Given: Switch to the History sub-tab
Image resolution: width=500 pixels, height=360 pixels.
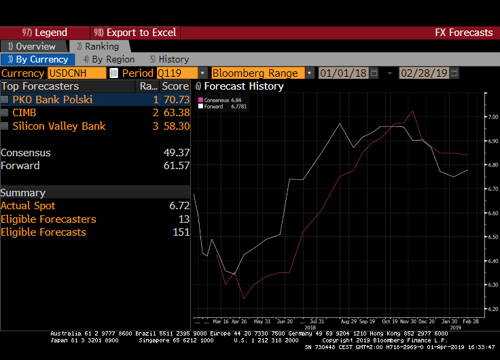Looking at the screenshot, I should (x=170, y=59).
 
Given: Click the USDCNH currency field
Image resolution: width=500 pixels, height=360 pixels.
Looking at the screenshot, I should (x=77, y=73).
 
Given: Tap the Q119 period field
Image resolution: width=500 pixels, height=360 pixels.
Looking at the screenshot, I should (x=177, y=73).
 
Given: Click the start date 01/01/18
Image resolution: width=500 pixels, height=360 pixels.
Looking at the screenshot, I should (x=343, y=73).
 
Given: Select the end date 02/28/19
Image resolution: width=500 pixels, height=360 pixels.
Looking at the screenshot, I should (x=424, y=73).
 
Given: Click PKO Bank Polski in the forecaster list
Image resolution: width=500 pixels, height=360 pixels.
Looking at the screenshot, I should (x=52, y=100).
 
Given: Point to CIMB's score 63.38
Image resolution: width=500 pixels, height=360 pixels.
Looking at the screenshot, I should (x=176, y=113).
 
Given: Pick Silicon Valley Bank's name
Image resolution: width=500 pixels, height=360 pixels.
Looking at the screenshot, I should (x=59, y=126).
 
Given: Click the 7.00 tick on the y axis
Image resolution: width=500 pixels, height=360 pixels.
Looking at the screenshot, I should (x=493, y=118).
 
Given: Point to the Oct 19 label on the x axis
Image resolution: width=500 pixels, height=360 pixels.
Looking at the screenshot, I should (x=391, y=321).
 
